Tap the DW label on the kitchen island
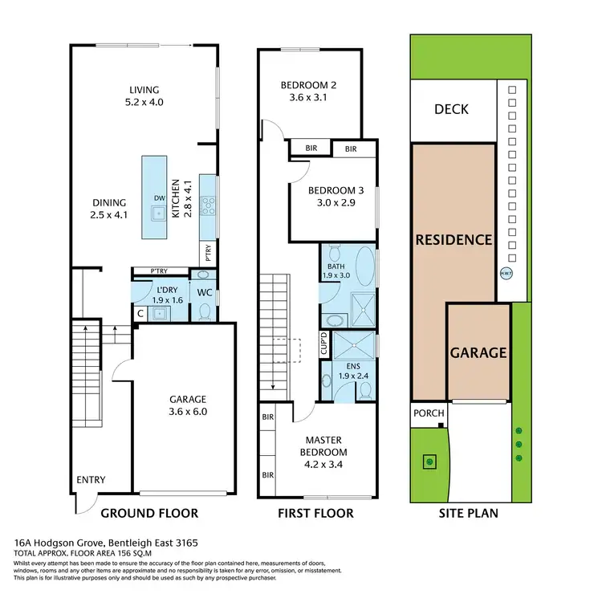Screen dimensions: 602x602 [x=159, y=199]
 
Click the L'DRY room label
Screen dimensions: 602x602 [x=167, y=289]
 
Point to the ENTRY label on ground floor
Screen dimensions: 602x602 [x=91, y=480]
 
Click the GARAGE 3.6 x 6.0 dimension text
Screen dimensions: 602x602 [x=188, y=412]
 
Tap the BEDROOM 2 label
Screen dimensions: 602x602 [x=309, y=86]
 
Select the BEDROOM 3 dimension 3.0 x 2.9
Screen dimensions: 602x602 [x=337, y=203]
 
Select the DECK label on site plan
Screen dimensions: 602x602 [x=450, y=110]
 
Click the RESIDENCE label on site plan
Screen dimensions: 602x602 [x=453, y=239]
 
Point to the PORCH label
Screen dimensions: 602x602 [x=428, y=413]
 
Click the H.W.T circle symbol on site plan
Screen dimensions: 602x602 [x=506, y=272]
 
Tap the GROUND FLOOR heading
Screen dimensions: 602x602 [x=149, y=513]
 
